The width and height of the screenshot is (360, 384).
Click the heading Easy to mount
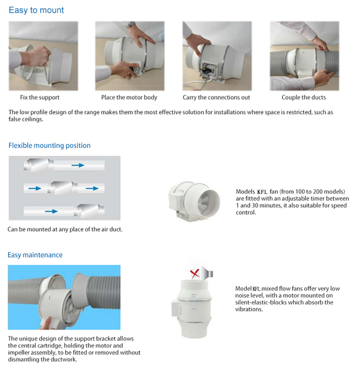(37, 10)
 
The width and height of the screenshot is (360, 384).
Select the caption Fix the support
(40, 97)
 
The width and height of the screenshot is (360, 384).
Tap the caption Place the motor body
(129, 97)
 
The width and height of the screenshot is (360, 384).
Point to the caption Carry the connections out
(217, 97)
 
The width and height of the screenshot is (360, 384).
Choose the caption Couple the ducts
(303, 97)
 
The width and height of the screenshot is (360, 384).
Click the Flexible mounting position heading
(49, 145)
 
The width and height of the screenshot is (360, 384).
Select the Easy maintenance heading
(35, 255)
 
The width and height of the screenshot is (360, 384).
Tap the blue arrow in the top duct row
(78, 166)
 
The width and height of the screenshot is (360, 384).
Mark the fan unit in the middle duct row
(60, 188)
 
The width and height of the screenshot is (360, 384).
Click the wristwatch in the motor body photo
(131, 25)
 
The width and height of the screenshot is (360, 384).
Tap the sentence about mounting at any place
(65, 229)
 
